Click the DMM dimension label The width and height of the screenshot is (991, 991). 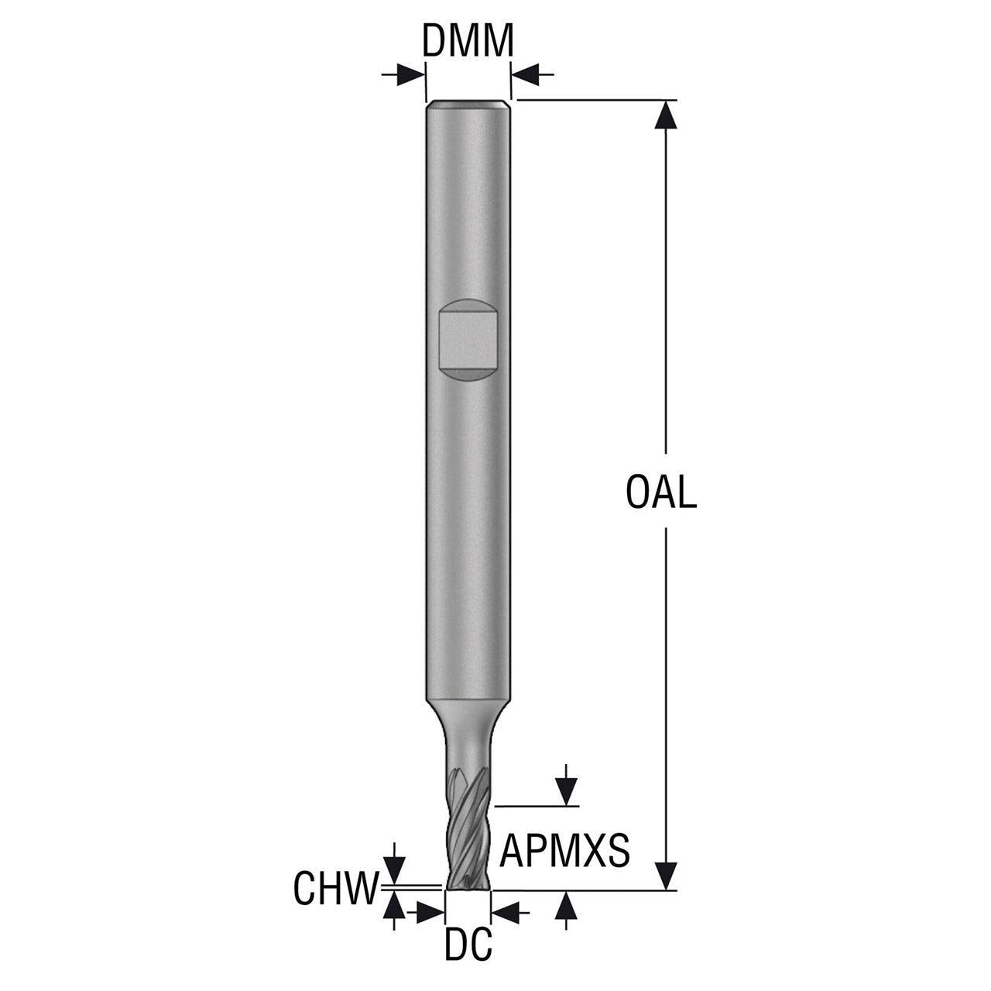(x=468, y=40)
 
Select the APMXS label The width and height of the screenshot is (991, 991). (x=564, y=851)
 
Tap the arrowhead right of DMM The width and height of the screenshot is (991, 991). (x=525, y=75)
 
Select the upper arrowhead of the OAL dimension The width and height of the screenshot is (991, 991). (x=667, y=114)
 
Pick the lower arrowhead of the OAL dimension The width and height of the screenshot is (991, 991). (x=667, y=876)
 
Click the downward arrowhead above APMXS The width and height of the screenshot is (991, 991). (x=566, y=791)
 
